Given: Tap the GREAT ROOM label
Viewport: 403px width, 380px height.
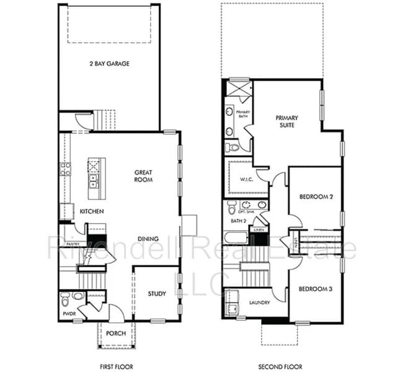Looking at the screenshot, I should pos(144,176).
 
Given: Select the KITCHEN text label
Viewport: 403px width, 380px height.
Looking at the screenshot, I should pos(91,212).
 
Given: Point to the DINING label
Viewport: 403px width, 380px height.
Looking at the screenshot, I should pos(148,239).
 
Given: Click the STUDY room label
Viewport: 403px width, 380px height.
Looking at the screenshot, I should pos(157,294).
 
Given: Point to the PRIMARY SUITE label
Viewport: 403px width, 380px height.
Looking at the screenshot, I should pos(286,122).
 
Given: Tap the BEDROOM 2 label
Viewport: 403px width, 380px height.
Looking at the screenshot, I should pos(316,197).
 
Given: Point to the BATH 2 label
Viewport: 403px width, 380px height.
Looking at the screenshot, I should pos(239,221).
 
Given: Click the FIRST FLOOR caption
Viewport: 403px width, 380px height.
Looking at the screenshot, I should pos(116,367).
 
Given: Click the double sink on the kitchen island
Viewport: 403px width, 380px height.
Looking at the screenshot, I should pos(94,182).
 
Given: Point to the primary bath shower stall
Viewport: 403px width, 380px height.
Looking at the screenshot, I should pos(239,87).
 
